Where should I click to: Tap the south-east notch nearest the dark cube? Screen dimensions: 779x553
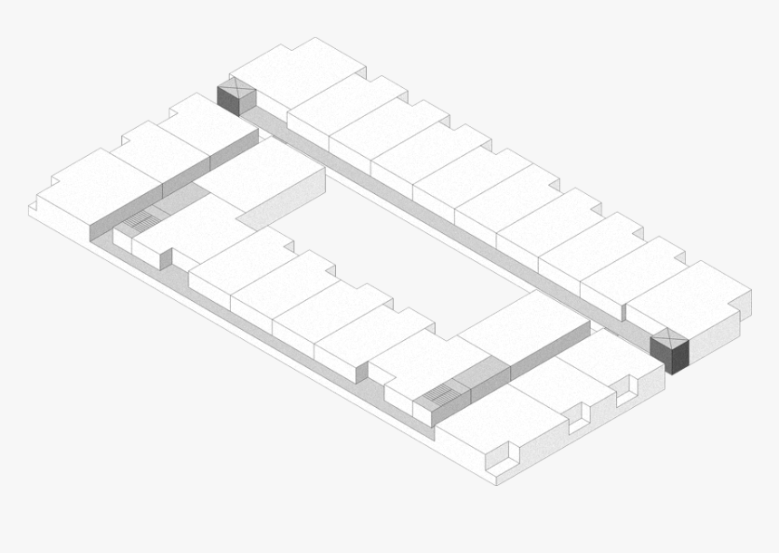625,392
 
